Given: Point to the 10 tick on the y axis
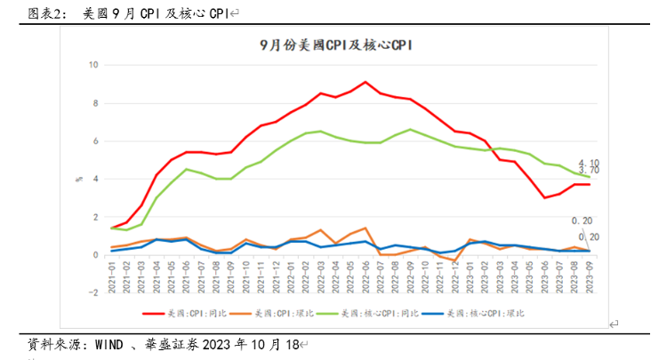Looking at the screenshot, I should (x=92, y=65).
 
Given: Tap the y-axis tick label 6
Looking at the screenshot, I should (x=94, y=141).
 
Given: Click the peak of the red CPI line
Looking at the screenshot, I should (x=366, y=82).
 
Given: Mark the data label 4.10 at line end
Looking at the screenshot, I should (x=588, y=162).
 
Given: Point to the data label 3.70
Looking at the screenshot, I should (x=588, y=171).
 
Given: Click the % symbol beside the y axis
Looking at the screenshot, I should (x=78, y=179).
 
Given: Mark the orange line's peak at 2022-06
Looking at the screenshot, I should (x=366, y=228).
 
